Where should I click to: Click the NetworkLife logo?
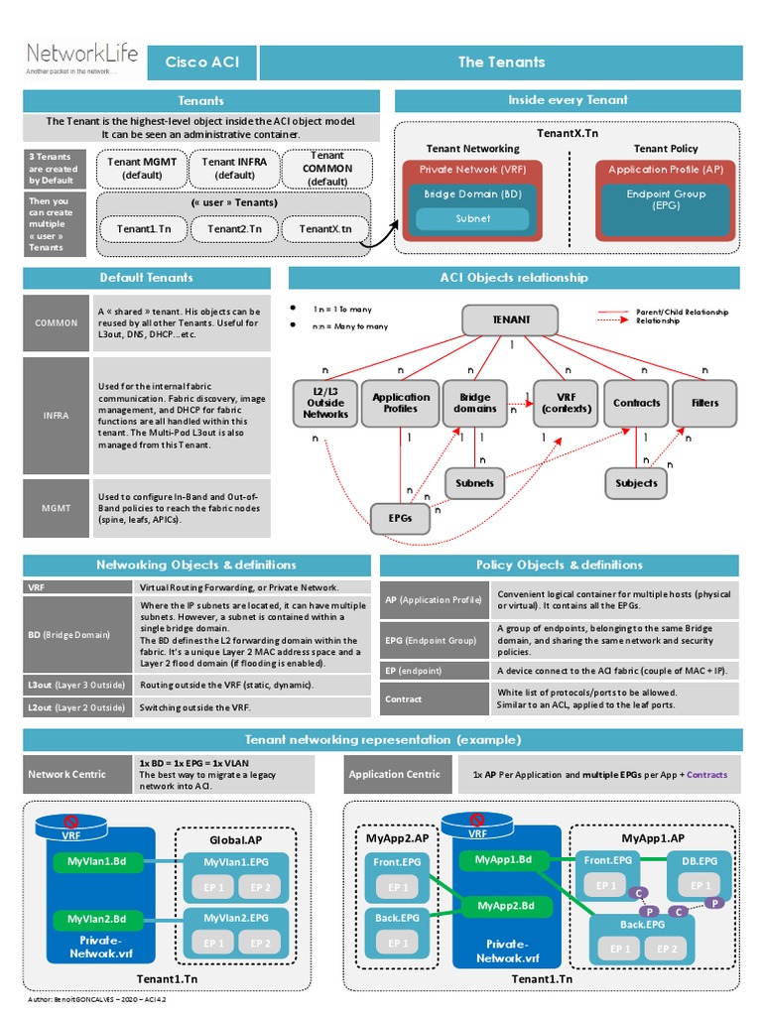(x=81, y=59)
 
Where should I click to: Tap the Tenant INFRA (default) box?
(x=234, y=168)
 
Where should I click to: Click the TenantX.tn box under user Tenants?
(x=326, y=229)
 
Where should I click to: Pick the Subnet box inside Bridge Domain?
(x=472, y=218)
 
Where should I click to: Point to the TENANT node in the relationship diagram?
(x=511, y=319)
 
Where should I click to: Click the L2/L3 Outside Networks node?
(x=325, y=403)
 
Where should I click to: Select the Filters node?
(x=705, y=403)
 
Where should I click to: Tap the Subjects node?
(x=636, y=483)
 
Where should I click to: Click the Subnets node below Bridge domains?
(x=474, y=483)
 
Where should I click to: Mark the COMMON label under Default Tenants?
(x=56, y=323)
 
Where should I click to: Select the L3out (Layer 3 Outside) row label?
(x=76, y=685)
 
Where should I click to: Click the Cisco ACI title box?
(x=202, y=63)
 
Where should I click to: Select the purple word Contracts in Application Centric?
(x=706, y=775)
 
